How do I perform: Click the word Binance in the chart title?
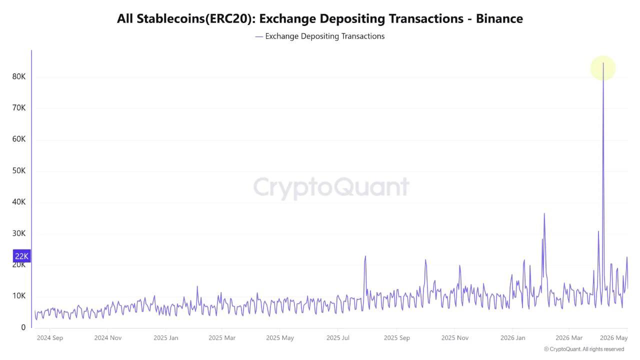pos(499,19)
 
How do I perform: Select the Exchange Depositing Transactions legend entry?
pos(319,36)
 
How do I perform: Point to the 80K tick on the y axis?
pos(19,76)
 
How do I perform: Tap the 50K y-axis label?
pos(19,170)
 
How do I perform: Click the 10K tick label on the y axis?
pos(19,295)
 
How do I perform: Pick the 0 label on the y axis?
pos(23,327)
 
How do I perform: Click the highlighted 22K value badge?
pos(21,256)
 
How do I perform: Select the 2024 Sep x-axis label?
pos(49,338)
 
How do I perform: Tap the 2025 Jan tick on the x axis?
pos(165,338)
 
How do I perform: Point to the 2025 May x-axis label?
pos(279,338)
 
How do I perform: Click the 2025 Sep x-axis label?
pos(396,338)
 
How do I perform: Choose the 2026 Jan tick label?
pos(512,338)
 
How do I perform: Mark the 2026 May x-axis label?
pos(613,338)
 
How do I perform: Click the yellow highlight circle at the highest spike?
pos(603,68)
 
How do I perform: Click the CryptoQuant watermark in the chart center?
pos(331,187)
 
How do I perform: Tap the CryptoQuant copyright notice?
pos(584,349)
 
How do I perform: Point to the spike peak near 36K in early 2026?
pos(544,213)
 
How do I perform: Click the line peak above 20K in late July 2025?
pos(365,256)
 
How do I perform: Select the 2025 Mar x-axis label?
pos(222,338)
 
